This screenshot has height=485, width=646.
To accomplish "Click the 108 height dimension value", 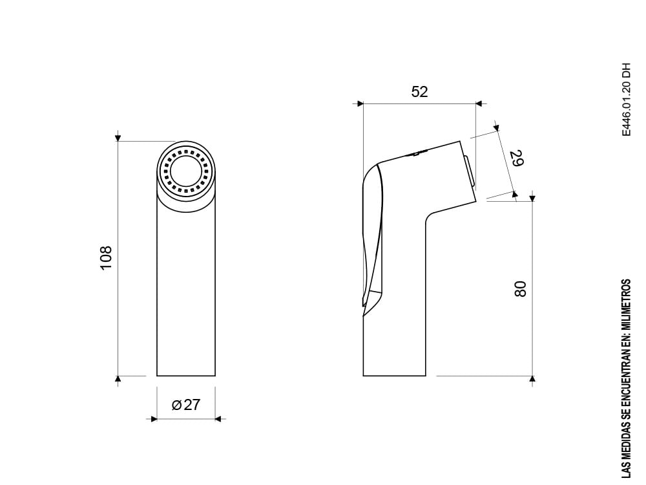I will coord(107,257).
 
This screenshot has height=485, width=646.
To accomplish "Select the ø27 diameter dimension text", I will coord(186,405).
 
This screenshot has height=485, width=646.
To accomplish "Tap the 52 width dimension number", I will coord(419,92).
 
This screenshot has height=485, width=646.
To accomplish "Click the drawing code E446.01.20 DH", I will coord(625,100).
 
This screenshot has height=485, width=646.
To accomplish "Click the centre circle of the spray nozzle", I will coord(187,173).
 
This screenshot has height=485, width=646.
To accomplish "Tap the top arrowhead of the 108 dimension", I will coord(118,138).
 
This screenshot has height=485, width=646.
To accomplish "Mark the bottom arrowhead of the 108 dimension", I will coord(118,379).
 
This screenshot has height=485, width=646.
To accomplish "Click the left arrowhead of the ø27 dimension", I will coord(154,419).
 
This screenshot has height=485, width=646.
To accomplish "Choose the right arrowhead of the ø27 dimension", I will coord(218,419).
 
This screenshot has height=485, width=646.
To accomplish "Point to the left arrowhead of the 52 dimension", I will coord(360,103).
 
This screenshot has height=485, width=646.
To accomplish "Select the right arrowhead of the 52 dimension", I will coord(479,103).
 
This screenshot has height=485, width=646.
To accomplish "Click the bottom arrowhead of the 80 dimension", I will coord(532,379).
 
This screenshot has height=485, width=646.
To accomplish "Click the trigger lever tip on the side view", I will coord(366,301).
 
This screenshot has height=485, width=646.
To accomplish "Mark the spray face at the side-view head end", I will coord(470,171).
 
